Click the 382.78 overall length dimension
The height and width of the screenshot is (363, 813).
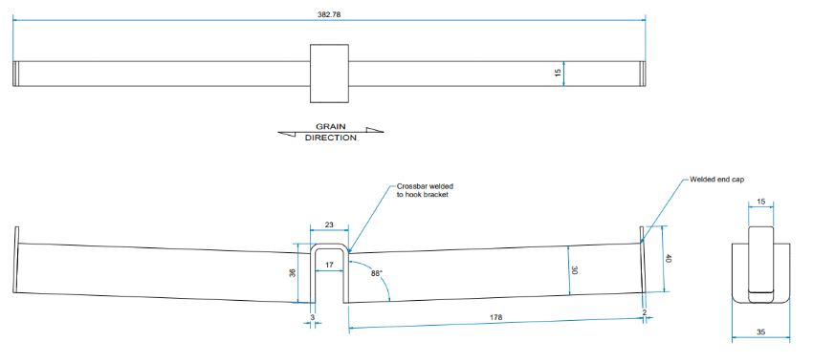coord(329,14)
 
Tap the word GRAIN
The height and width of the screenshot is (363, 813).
coord(331,126)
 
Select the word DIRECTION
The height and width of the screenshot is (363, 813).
coord(331,138)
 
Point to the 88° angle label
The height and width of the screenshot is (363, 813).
coord(378,273)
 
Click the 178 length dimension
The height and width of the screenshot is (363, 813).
coord(495,317)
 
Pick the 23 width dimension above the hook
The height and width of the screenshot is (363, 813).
coord(329,224)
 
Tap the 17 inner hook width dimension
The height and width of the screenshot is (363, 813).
coord(329,265)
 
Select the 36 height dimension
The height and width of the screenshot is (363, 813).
coord(292,272)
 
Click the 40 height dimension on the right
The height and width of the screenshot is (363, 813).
coord(668,258)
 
